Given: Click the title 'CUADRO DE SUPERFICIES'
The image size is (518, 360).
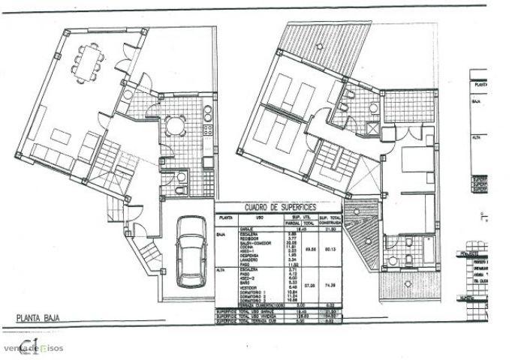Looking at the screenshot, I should click(x=279, y=206).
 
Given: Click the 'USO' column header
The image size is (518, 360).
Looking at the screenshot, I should click(x=258, y=217).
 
